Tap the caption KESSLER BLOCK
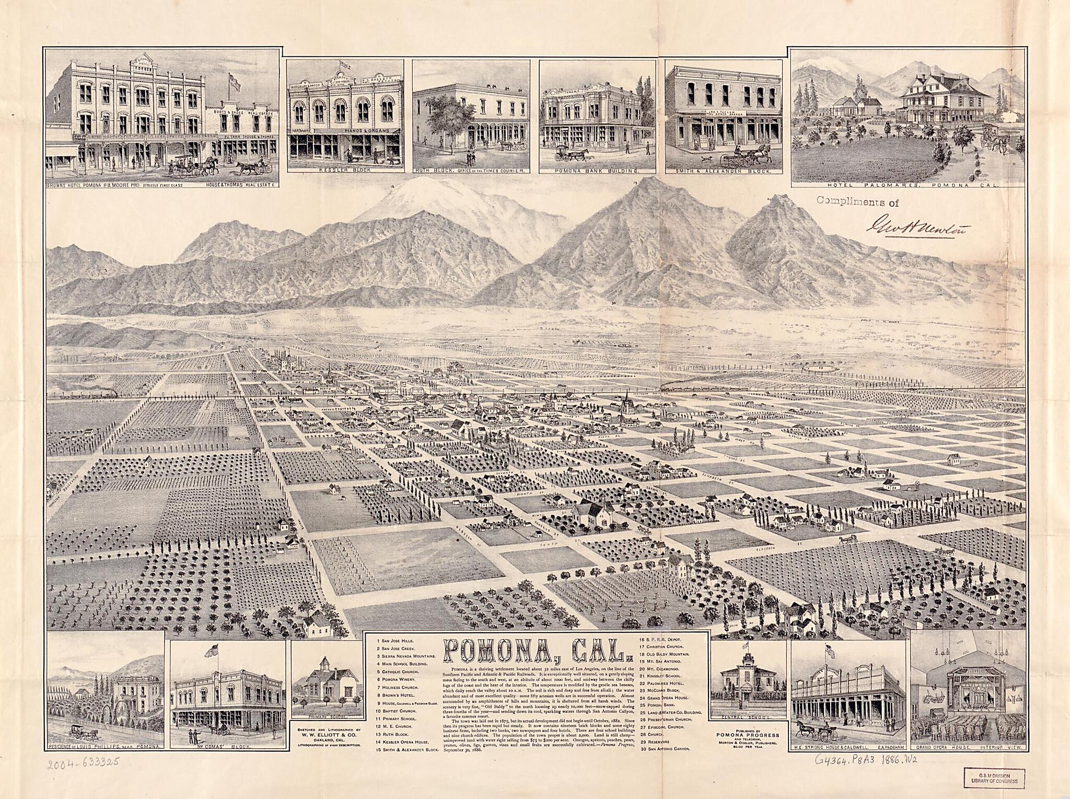pyautogui.click(x=345, y=170)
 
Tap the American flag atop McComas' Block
pyautogui.click(x=212, y=652)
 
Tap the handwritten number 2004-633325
pyautogui.click(x=83, y=763)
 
